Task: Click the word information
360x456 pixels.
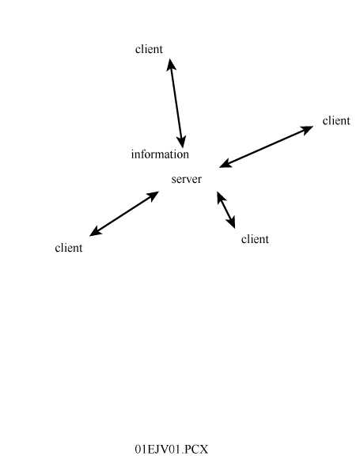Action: [x=160, y=154]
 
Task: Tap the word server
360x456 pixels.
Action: [x=186, y=179]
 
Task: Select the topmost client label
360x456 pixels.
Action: [x=149, y=49]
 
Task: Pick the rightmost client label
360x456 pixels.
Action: [x=336, y=120]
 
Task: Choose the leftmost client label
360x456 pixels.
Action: [x=69, y=248]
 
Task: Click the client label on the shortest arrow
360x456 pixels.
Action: [x=255, y=239]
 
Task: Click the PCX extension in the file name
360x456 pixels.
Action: [x=196, y=450]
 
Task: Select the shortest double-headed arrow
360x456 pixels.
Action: [x=225, y=210]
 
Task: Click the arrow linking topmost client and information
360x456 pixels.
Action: [x=176, y=103]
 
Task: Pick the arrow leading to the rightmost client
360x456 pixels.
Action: [x=266, y=147]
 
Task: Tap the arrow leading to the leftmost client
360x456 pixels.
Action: [x=124, y=214]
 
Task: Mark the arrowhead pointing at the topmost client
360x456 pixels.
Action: [x=171, y=64]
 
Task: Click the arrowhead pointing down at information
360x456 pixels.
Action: [x=182, y=142]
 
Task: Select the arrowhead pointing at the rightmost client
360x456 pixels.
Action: [x=307, y=129]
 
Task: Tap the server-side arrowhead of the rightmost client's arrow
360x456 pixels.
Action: [x=225, y=164]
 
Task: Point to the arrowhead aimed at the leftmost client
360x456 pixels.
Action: [x=95, y=232]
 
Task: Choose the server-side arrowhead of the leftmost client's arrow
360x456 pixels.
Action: [x=153, y=195]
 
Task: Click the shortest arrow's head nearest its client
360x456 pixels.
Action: [x=232, y=222]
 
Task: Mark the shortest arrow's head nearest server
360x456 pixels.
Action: [x=221, y=197]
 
